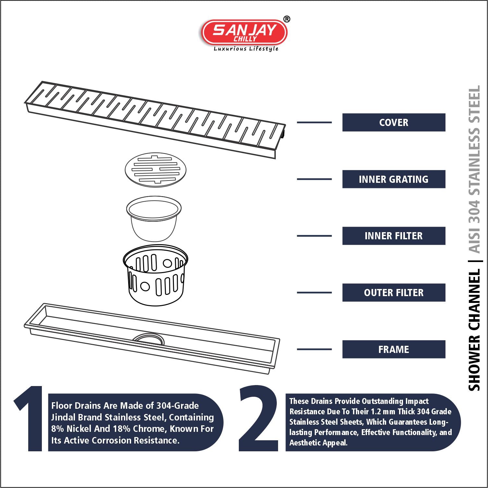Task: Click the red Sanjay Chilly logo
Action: pyautogui.click(x=244, y=32)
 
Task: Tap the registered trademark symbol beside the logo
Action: pyautogui.click(x=287, y=19)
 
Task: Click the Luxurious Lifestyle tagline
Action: pyautogui.click(x=246, y=49)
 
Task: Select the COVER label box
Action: pyautogui.click(x=394, y=122)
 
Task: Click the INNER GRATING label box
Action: pyautogui.click(x=394, y=179)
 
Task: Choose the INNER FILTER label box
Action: pyautogui.click(x=394, y=236)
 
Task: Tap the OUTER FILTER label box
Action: pyautogui.click(x=394, y=293)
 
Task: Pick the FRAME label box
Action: pyautogui.click(x=394, y=349)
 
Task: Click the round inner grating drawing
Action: pyautogui.click(x=155, y=170)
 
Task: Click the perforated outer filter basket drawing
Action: pyautogui.click(x=155, y=275)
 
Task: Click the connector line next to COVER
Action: pyautogui.click(x=314, y=122)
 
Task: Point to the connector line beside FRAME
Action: pyautogui.click(x=314, y=349)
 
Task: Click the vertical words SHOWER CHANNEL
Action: pyautogui.click(x=474, y=330)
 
